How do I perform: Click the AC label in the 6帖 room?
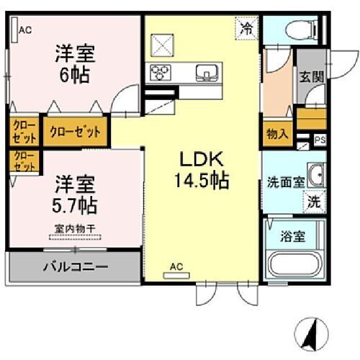pyautogui.click(x=25, y=30)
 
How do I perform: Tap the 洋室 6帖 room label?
pyautogui.click(x=74, y=63)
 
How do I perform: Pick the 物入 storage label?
pyautogui.click(x=277, y=135)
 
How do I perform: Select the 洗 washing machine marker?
pyautogui.click(x=315, y=202)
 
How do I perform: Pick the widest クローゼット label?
pyautogui.click(x=75, y=132)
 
